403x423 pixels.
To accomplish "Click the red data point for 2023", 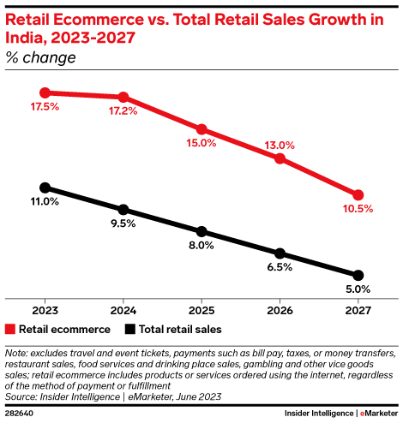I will coord(45,92).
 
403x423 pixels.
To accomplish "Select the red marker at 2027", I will coord(358,195).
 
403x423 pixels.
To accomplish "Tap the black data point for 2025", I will coord(201,231).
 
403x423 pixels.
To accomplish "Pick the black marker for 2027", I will coord(358,275).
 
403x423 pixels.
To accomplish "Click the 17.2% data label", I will coord(123,111).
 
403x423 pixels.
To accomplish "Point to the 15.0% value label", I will coord(201,143).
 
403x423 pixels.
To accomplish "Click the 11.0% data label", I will coord(45,202).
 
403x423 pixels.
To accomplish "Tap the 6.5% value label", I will coord(280,267).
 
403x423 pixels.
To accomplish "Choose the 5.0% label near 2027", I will coord(358,289).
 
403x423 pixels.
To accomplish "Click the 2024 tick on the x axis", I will coord(123,310).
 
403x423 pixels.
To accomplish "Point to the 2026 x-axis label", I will coord(280,310).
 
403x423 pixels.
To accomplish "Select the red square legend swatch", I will coord(10,329).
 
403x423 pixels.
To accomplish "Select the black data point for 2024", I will coord(123,210).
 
